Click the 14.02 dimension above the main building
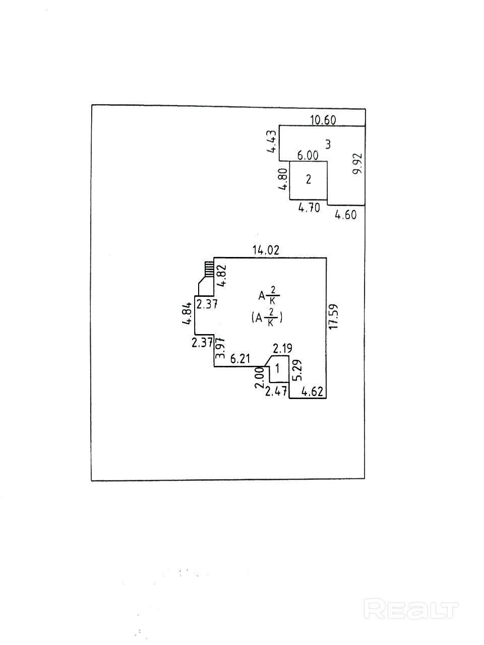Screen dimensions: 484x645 (266, 250)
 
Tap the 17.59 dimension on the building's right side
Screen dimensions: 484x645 (334, 316)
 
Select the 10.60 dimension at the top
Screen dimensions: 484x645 (323, 120)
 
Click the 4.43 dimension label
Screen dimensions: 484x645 (272, 142)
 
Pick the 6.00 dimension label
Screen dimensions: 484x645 (308, 155)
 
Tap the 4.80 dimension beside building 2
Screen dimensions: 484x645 (283, 179)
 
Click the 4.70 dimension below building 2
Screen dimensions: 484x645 (309, 208)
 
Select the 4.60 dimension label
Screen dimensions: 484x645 (345, 215)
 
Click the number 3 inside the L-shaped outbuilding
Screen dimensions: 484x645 (328, 144)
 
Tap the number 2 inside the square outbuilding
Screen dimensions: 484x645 (308, 179)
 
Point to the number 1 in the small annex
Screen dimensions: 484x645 (277, 368)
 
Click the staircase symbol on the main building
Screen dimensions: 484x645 (209, 269)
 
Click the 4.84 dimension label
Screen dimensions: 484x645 (187, 313)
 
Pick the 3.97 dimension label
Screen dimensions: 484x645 (220, 348)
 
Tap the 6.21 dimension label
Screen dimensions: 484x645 (240, 359)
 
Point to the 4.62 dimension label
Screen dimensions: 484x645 (313, 392)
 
